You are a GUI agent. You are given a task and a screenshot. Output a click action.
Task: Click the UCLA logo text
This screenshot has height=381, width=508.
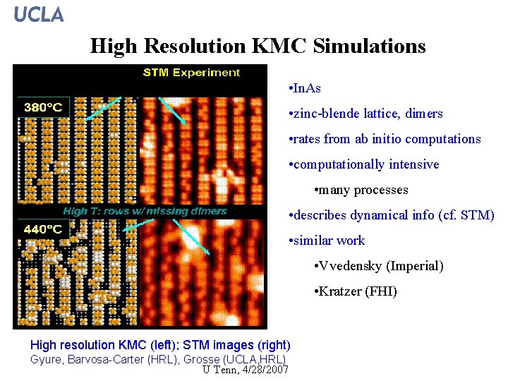tap(39, 14)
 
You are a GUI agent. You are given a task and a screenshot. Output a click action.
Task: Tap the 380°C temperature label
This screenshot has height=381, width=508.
tap(44, 108)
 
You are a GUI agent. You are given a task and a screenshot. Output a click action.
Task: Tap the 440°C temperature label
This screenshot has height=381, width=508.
tap(44, 229)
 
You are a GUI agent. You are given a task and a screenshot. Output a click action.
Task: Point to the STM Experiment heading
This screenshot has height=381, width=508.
tap(191, 72)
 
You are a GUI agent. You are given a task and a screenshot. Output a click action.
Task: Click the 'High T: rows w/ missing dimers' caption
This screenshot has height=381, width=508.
tap(145, 211)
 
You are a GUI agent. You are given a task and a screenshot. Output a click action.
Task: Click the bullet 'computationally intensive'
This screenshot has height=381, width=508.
tap(366, 164)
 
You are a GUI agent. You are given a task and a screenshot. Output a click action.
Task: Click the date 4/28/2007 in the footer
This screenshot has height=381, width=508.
tap(265, 370)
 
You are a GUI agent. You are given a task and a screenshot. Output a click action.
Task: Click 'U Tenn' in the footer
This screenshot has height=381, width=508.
tap(219, 370)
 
